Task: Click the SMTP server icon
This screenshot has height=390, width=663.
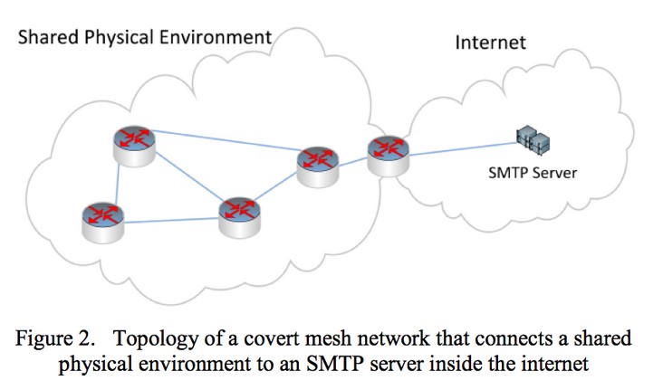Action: [x=533, y=138]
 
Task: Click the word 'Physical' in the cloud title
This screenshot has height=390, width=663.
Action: [x=114, y=37]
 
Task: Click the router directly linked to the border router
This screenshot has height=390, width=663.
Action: [x=320, y=162]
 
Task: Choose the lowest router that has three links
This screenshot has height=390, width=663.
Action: [x=238, y=212]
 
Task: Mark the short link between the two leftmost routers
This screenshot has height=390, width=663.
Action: [x=118, y=181]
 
